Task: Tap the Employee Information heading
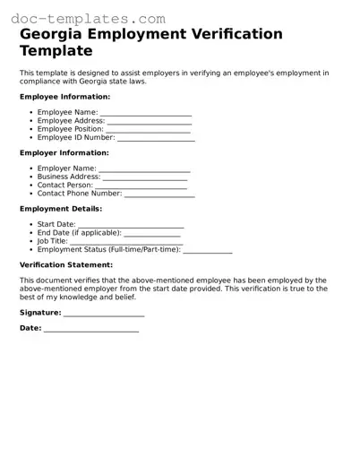click(x=65, y=97)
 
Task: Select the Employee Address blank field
click(x=150, y=121)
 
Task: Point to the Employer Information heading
click(x=65, y=152)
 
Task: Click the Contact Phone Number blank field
click(x=159, y=194)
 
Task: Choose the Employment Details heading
click(x=61, y=209)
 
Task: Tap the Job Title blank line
click(x=126, y=241)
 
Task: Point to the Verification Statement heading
click(x=66, y=265)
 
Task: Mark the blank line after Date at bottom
click(x=91, y=329)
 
